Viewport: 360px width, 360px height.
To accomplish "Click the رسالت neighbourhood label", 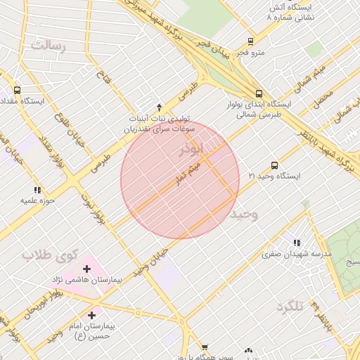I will tap(47, 46).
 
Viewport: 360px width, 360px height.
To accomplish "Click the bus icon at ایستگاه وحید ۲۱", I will tap(274, 164).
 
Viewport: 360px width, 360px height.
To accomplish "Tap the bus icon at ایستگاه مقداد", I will tap(17, 90).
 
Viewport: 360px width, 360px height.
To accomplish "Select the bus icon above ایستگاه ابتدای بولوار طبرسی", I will tap(259, 93).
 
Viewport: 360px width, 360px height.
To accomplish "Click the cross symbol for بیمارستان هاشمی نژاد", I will tap(86, 269).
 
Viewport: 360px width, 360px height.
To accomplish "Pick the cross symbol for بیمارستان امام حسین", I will tap(92, 315).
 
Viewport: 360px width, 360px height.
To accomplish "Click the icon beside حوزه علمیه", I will tap(37, 190).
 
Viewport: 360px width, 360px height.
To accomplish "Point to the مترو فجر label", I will tap(251, 53).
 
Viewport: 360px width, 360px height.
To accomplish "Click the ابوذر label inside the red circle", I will tap(192, 150).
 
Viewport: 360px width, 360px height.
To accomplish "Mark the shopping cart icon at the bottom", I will tap(205, 347).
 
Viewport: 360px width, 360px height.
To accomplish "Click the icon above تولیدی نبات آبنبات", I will tap(160, 107).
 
